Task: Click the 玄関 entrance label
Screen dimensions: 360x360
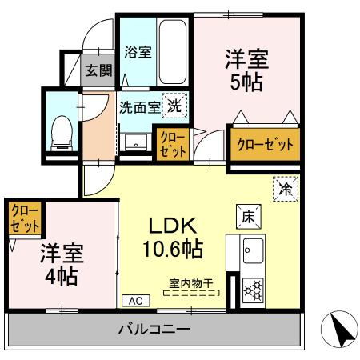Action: [98, 70]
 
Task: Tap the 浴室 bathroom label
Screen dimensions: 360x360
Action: [138, 53]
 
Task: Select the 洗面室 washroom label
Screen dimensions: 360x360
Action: [139, 106]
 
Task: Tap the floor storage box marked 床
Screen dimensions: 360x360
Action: [246, 215]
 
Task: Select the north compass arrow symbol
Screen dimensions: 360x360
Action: [337, 329]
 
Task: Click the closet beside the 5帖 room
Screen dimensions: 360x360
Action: [264, 145]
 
